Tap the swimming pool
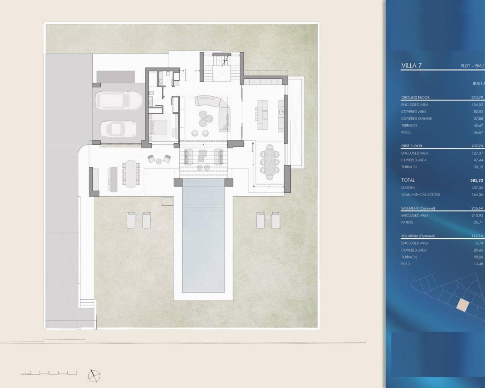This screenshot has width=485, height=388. (203, 235)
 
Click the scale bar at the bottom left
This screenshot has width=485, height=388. (49, 373)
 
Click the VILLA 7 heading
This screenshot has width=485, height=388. (411, 66)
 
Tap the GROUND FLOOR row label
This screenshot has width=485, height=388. (415, 97)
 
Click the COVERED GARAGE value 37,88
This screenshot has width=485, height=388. (477, 119)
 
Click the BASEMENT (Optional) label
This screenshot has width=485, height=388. (418, 208)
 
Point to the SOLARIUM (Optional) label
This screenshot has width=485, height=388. (418, 236)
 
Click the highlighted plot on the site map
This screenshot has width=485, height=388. (462, 305)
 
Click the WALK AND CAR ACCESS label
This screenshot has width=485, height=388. (420, 195)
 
